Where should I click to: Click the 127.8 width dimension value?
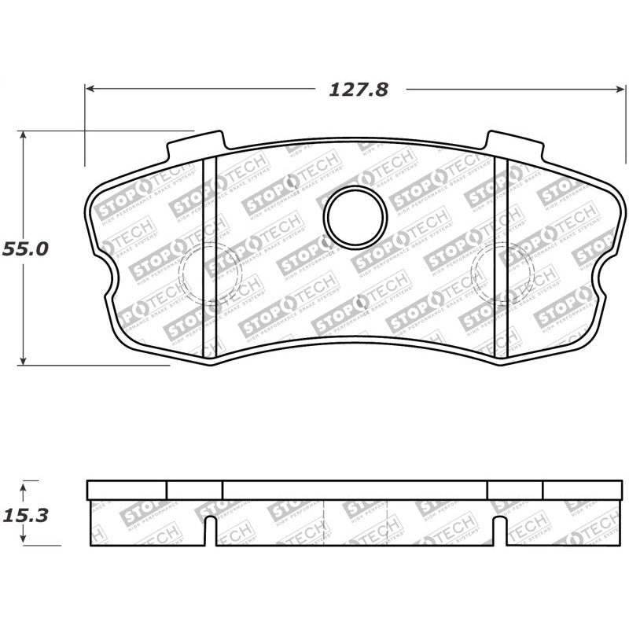358,90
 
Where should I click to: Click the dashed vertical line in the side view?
324,523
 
